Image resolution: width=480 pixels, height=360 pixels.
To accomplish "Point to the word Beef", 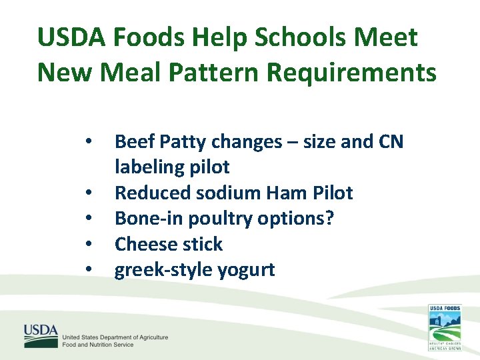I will click(135, 141).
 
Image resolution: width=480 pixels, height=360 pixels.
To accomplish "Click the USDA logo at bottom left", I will click(41, 336).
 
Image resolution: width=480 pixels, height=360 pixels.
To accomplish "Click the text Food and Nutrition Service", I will click(98, 345).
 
